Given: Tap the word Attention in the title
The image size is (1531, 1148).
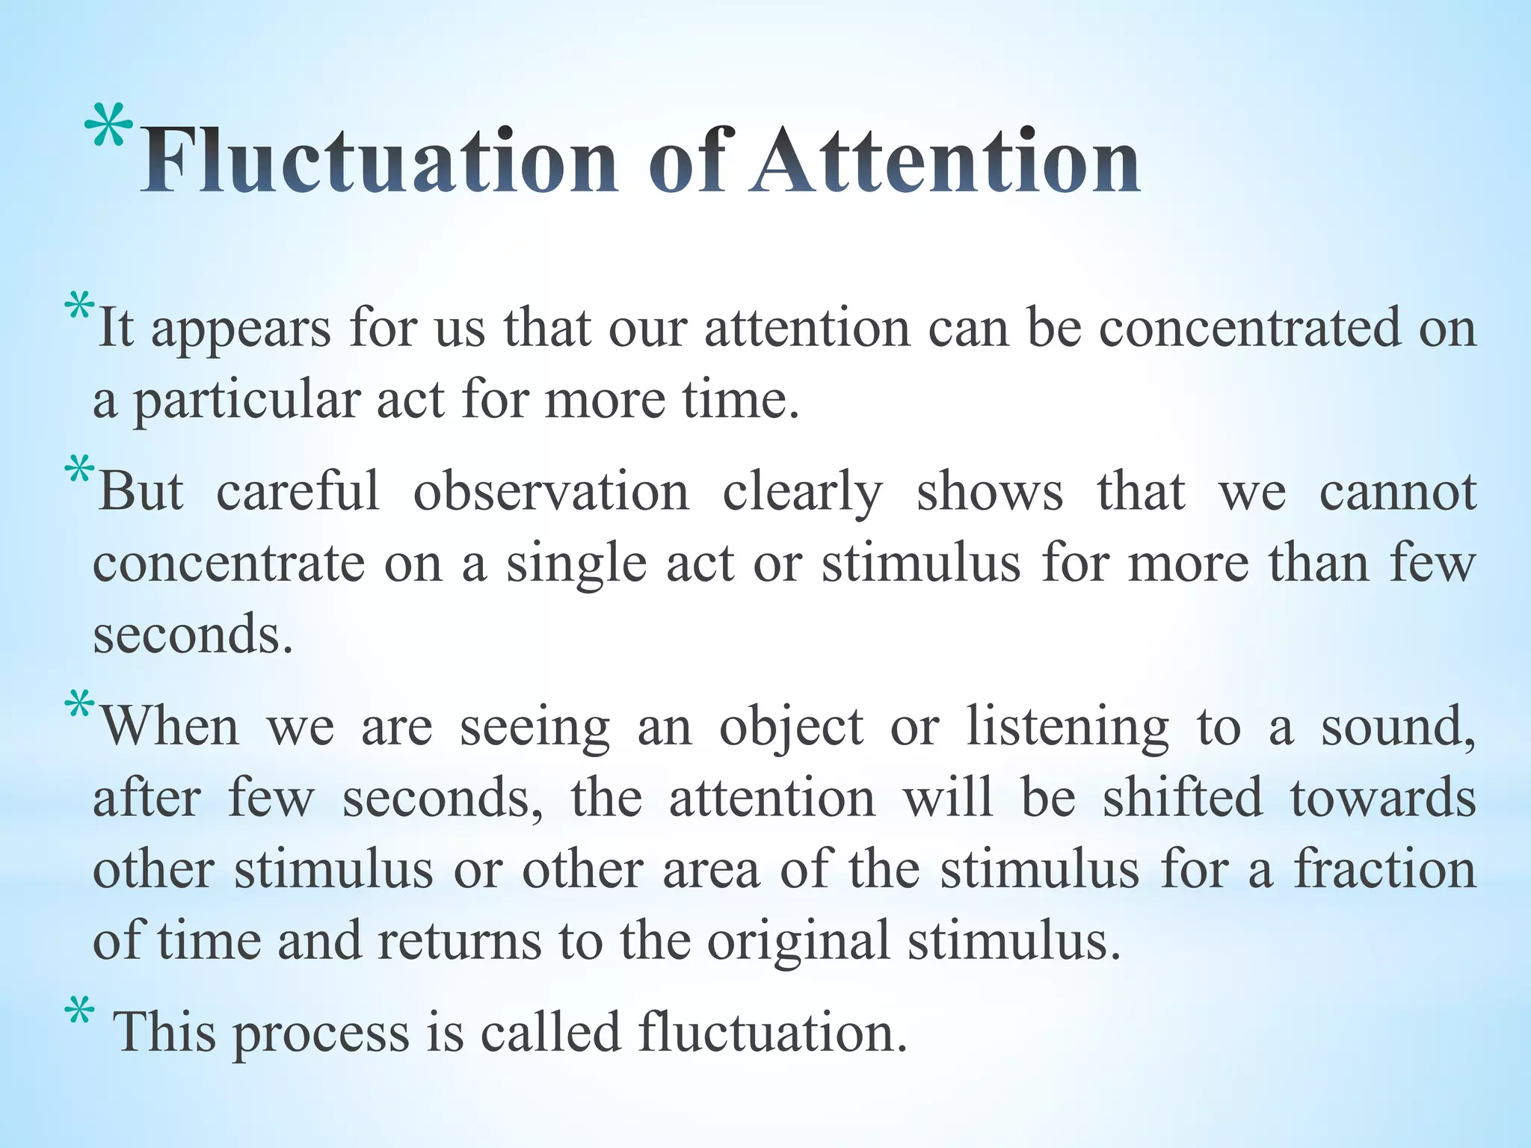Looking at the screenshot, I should pos(946,160).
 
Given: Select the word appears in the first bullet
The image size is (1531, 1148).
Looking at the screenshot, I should pos(241,329).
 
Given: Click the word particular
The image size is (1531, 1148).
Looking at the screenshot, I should pos(247,401).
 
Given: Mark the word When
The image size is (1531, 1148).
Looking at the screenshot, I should pos(170,726).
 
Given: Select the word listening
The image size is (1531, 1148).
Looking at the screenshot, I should pos(1068,727).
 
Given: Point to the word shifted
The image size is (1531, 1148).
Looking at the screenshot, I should pos(1182,797).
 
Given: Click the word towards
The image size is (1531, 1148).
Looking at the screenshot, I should pos(1382,797).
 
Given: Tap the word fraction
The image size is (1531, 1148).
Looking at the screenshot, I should pos(1385,869).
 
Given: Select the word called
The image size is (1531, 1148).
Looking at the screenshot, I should pos(550,1032).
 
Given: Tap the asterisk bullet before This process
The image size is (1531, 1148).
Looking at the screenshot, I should pos(79,1013).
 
